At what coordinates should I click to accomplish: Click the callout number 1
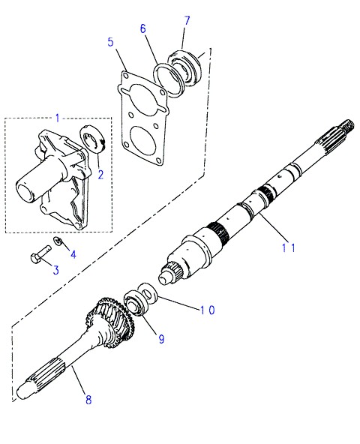pyautogui.click(x=58, y=118)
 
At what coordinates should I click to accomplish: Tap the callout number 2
pyautogui.click(x=100, y=175)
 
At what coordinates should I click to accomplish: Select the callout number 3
pyautogui.click(x=56, y=270)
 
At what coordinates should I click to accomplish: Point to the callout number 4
pyautogui.click(x=73, y=254)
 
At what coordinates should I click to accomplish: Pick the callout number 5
pyautogui.click(x=110, y=42)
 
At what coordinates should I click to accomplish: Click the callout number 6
pyautogui.click(x=143, y=28)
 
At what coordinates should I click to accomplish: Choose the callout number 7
pyautogui.click(x=187, y=21)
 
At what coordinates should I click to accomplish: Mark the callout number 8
pyautogui.click(x=88, y=400)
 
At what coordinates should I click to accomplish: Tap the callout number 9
pyautogui.click(x=161, y=338)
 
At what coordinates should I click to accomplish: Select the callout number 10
pyautogui.click(x=208, y=310)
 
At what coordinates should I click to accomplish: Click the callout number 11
pyautogui.click(x=289, y=247)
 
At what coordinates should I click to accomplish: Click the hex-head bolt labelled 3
pyautogui.click(x=40, y=254)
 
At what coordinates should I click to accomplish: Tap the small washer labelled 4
pyautogui.click(x=58, y=241)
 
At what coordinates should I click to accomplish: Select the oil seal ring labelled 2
pyautogui.click(x=92, y=139)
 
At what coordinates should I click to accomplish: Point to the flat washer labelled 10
pyautogui.click(x=148, y=292)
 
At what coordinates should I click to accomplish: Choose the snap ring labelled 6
pyautogui.click(x=169, y=80)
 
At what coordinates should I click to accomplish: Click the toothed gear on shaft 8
pyautogui.click(x=110, y=322)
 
